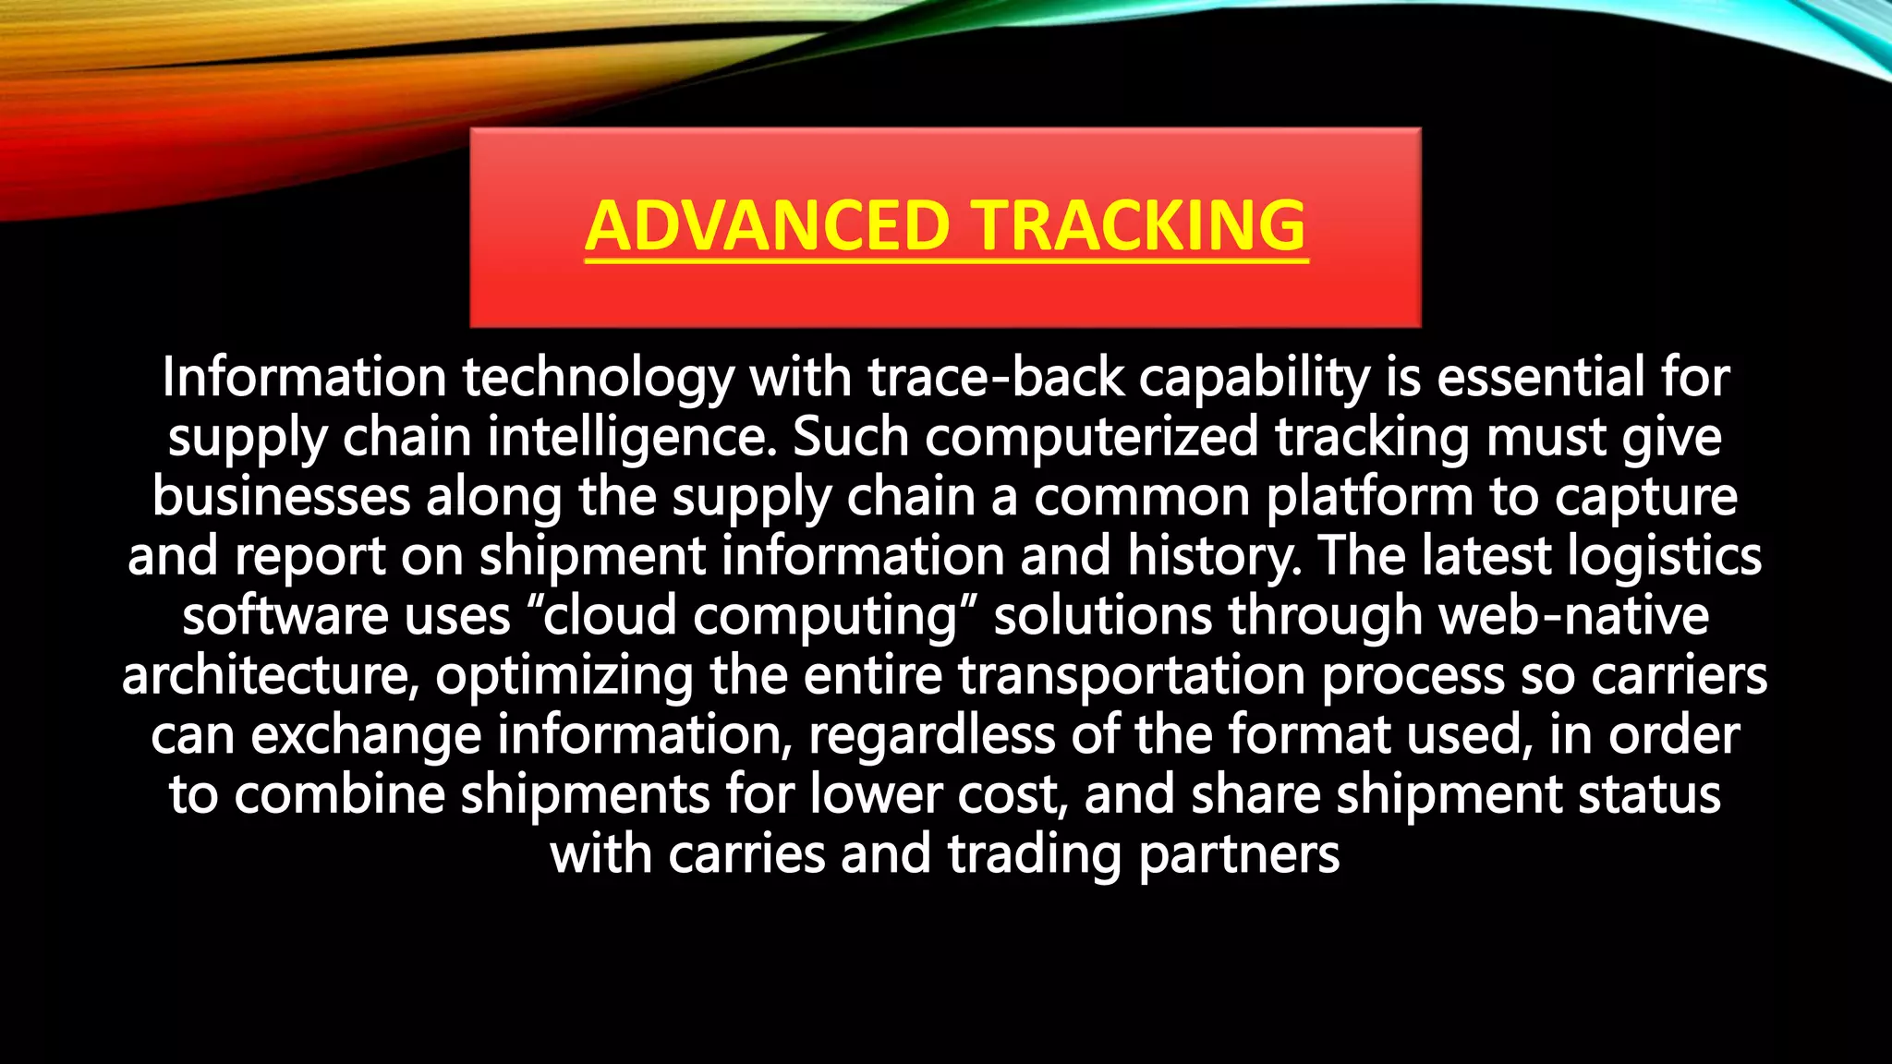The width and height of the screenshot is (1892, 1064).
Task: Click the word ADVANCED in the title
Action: [768, 226]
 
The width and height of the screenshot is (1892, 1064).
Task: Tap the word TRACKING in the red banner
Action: [1140, 226]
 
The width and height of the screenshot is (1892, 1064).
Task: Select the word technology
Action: [598, 379]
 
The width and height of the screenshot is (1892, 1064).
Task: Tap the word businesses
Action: [281, 497]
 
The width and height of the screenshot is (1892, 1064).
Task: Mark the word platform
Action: [1369, 497]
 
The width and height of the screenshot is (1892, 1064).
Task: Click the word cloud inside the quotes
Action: [611, 616]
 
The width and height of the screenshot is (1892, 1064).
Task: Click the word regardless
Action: [932, 736]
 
